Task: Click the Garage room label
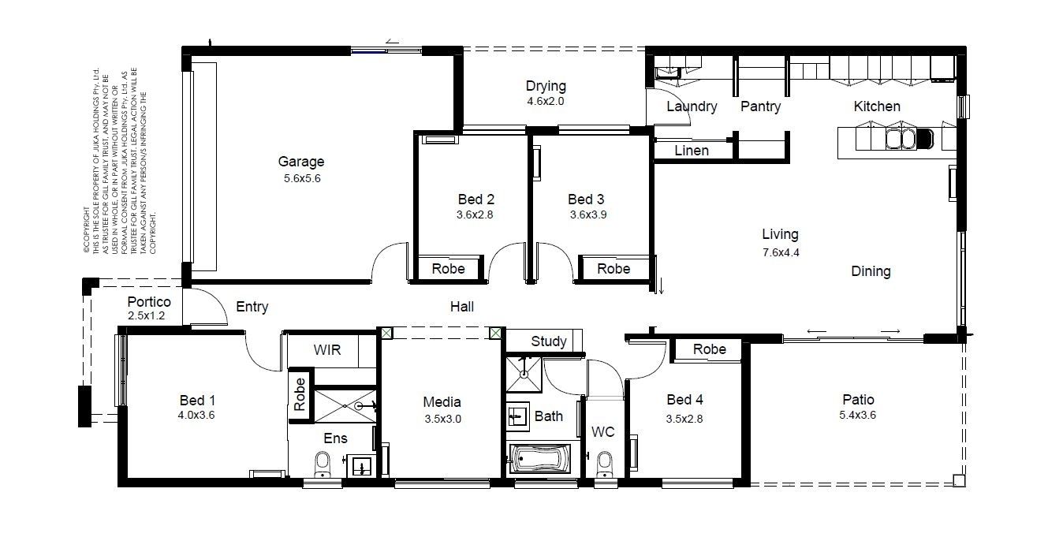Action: pyautogui.click(x=300, y=162)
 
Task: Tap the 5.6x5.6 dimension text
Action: pyautogui.click(x=302, y=178)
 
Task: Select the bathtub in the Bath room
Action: pyautogui.click(x=540, y=458)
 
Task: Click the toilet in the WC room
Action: pyautogui.click(x=605, y=464)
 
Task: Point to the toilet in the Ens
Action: pyautogui.click(x=323, y=464)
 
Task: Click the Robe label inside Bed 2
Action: pyautogui.click(x=448, y=269)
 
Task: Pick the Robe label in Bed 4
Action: pyautogui.click(x=709, y=349)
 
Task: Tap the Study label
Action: pyautogui.click(x=549, y=341)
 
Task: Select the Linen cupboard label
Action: pyautogui.click(x=692, y=151)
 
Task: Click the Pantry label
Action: pyautogui.click(x=761, y=106)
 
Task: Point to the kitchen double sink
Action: pyautogui.click(x=901, y=139)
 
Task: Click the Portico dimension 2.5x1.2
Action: pyautogui.click(x=147, y=315)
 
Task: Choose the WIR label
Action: pyautogui.click(x=327, y=350)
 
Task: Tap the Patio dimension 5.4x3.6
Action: pyautogui.click(x=858, y=415)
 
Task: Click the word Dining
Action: pyautogui.click(x=871, y=272)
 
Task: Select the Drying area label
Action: pyautogui.click(x=546, y=86)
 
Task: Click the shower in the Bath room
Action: pyautogui.click(x=524, y=375)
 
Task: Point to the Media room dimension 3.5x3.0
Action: pyautogui.click(x=443, y=419)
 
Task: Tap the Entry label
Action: pyautogui.click(x=252, y=308)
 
